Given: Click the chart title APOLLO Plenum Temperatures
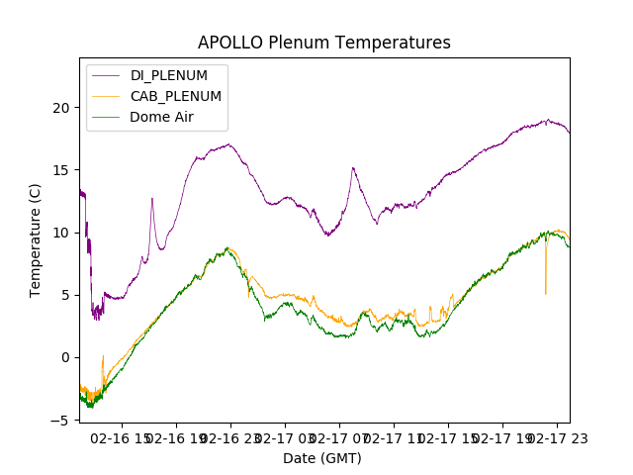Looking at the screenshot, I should pyautogui.click(x=323, y=43).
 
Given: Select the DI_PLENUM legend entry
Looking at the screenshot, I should pyautogui.click(x=169, y=76).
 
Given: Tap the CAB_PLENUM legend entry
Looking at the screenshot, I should pyautogui.click(x=176, y=96).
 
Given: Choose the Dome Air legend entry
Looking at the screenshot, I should pyautogui.click(x=162, y=117).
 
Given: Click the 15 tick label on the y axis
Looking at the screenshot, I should pyautogui.click(x=62, y=170).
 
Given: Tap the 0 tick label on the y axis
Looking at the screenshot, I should pyautogui.click(x=66, y=357).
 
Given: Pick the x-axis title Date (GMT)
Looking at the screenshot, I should pyautogui.click(x=322, y=458).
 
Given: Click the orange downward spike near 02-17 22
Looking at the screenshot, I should pyautogui.click(x=545, y=292).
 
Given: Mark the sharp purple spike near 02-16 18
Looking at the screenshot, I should pyautogui.click(x=152, y=199).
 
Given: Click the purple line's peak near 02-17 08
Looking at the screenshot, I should pyautogui.click(x=353, y=168).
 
